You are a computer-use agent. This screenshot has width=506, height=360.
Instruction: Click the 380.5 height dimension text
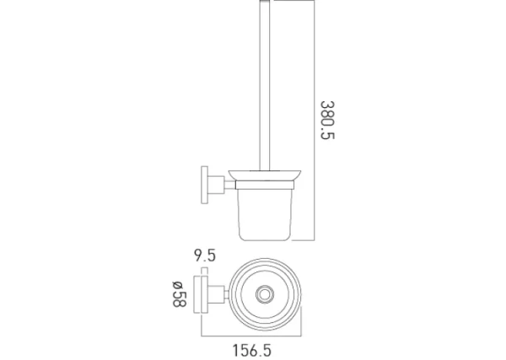point(327,121)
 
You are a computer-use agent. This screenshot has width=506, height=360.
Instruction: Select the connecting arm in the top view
point(217,295)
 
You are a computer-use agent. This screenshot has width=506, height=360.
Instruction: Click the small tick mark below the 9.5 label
point(202,269)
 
